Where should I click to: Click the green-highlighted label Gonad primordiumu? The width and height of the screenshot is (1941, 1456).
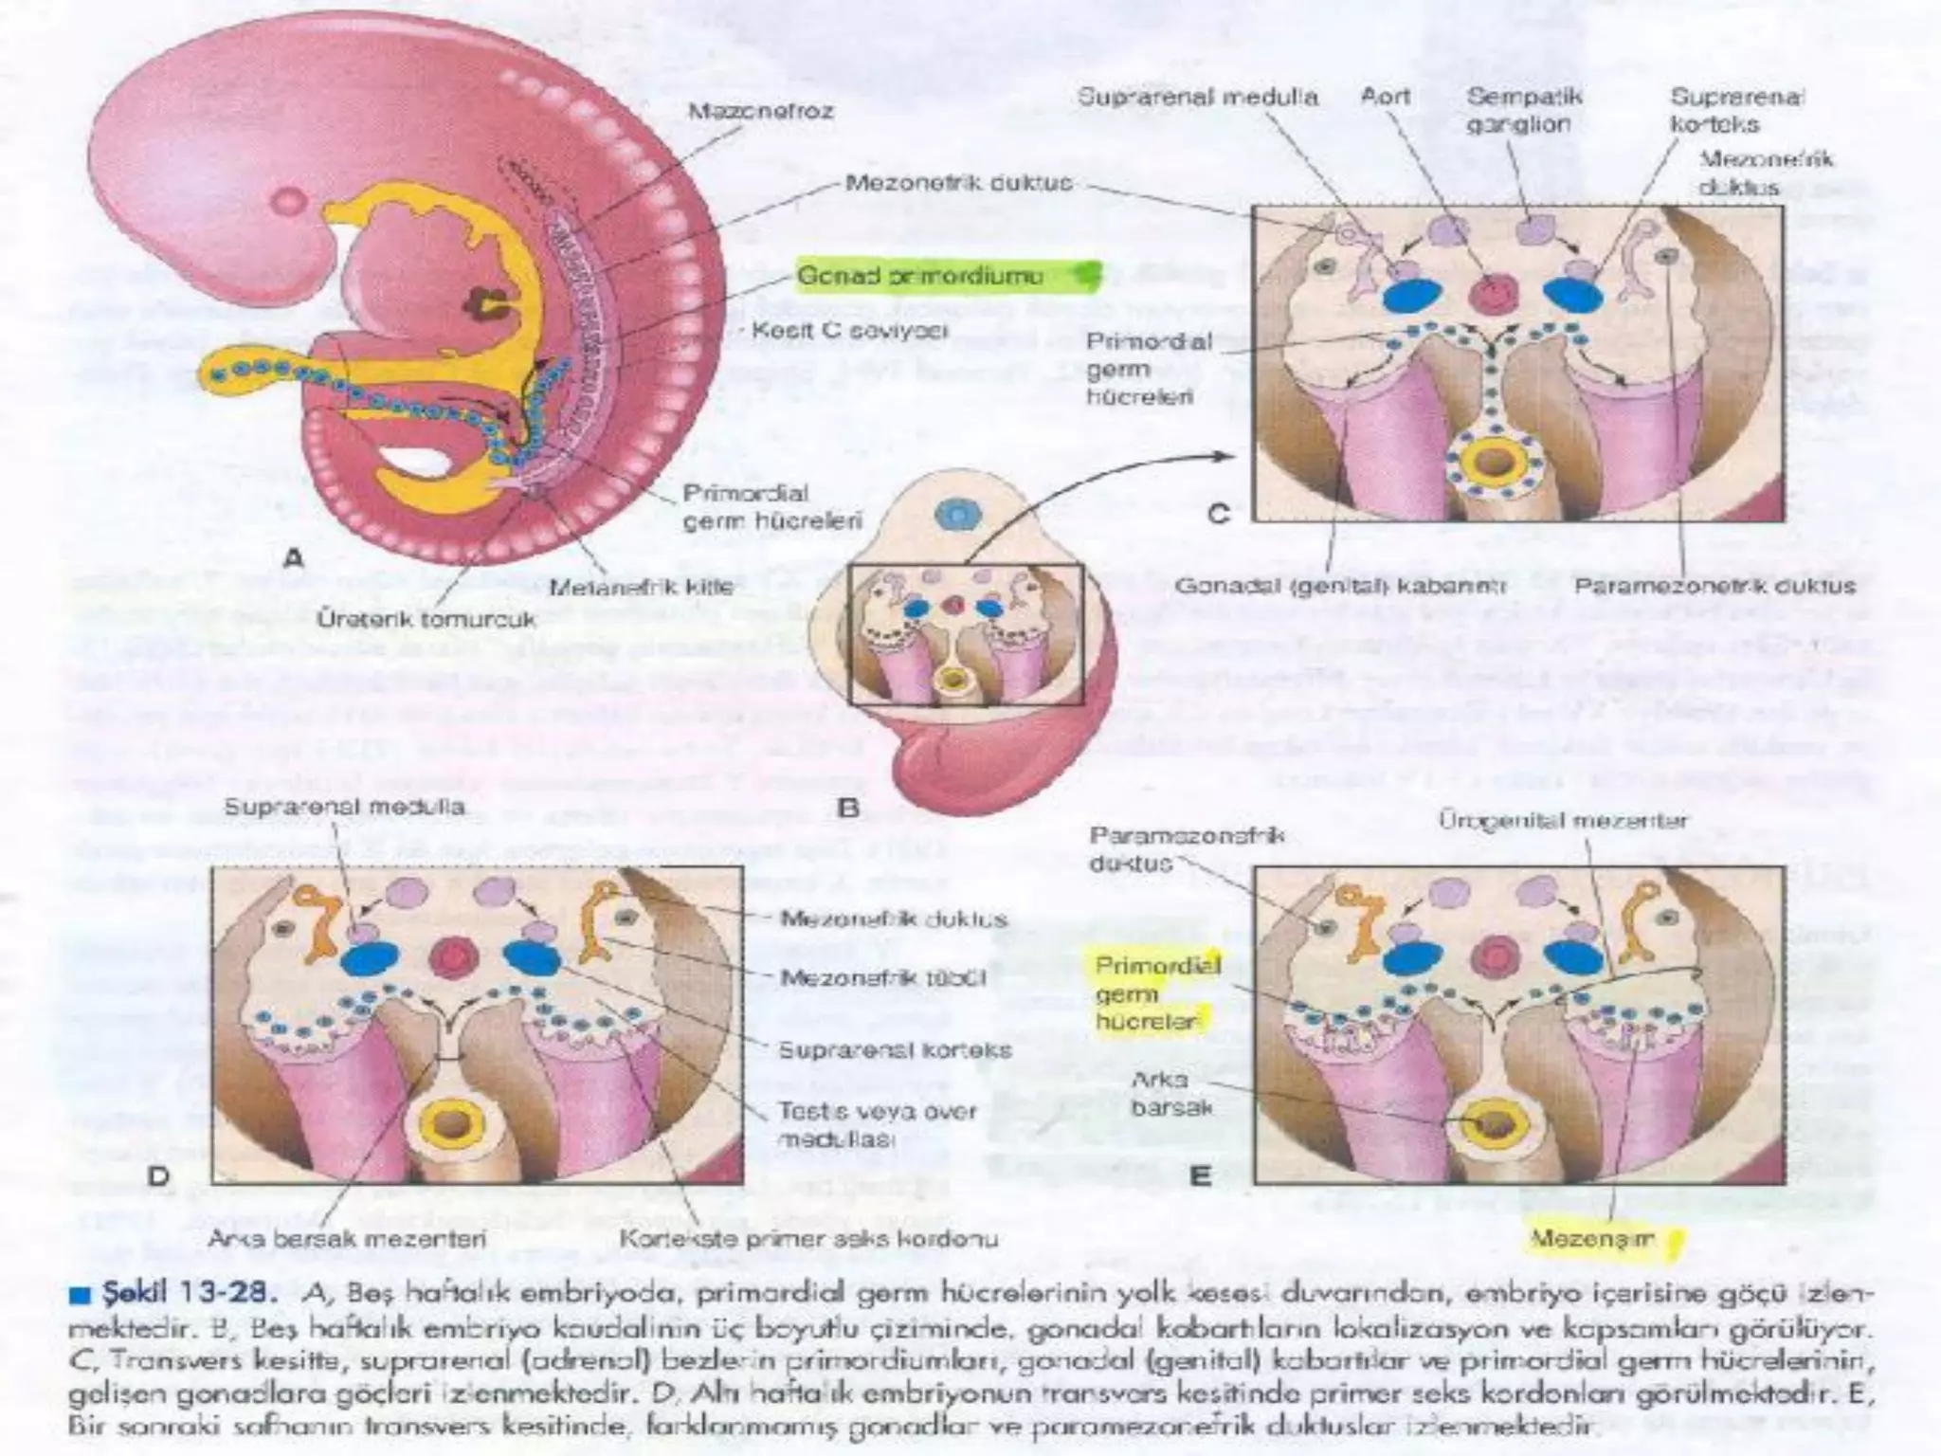coord(919,276)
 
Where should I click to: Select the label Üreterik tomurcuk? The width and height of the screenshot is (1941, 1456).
coord(425,620)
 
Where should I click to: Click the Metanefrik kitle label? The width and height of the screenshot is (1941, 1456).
coord(642,587)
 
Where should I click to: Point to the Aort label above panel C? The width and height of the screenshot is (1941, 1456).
coord(1386,97)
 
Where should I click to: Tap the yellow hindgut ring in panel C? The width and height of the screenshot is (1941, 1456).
coord(1492,464)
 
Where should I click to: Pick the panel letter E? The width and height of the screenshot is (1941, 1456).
coord(1200,1176)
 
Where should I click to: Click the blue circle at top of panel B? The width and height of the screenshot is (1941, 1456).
coord(956,515)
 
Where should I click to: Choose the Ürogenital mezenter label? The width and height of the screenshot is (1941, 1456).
coord(1564,820)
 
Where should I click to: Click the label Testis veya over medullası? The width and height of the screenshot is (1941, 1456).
coord(877,1124)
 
